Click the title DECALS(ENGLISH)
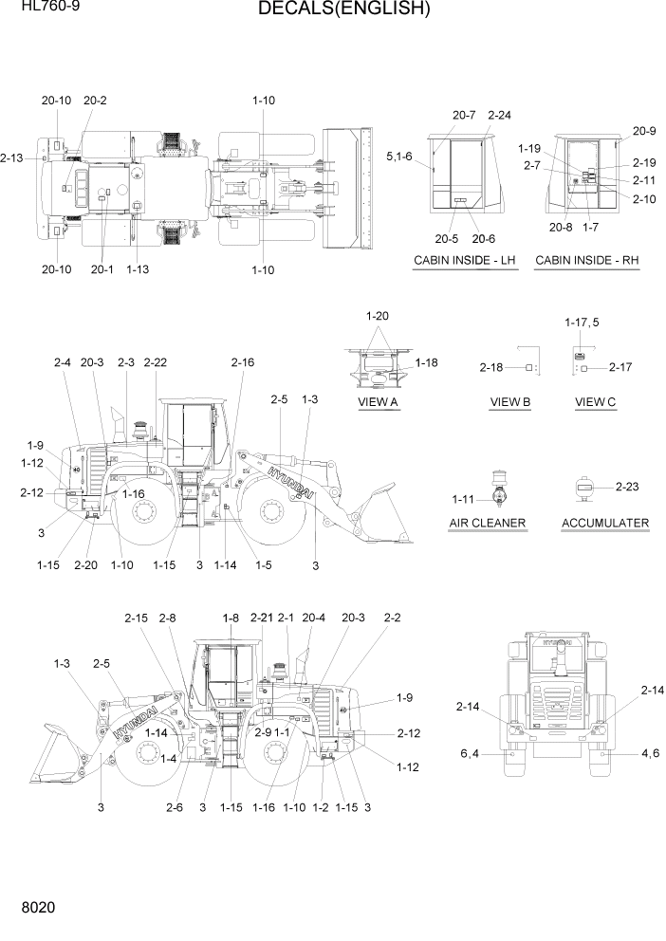coord(330,10)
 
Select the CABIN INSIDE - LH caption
coord(465,260)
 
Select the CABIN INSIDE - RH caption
coord(587,260)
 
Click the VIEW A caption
coord(378,402)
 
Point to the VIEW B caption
coord(509,402)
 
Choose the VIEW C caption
coord(596,402)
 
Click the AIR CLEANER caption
coord(488,523)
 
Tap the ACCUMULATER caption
coord(605,523)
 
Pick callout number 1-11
coord(463,499)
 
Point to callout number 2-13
coord(12,157)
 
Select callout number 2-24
coord(499,115)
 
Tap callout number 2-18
coord(491,367)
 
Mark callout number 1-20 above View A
coord(378,315)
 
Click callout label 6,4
coord(471,754)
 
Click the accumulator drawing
coord(583,488)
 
